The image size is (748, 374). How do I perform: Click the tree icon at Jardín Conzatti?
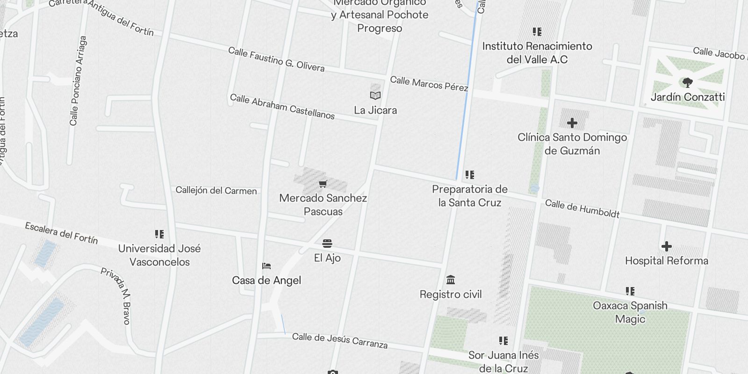tap(687, 83)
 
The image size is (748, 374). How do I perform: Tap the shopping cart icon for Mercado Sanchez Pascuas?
tap(323, 184)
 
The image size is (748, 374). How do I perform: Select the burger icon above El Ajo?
tap(327, 244)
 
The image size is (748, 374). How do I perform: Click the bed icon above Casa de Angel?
tap(266, 266)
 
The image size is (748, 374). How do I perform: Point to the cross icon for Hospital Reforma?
tap(667, 246)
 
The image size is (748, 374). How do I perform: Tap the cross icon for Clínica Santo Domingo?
tap(572, 123)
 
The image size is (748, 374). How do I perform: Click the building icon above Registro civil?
tap(451, 280)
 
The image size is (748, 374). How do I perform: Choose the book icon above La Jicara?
tap(375, 96)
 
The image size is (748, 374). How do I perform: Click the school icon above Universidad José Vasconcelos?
tap(159, 234)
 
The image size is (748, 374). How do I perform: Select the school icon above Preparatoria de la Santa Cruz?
tap(470, 175)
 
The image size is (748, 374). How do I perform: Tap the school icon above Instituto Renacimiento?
tap(537, 32)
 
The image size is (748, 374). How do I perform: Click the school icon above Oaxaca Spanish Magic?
tap(630, 291)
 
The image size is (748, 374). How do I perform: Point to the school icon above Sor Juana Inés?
tap(503, 341)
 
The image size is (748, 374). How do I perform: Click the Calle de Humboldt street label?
tap(582, 209)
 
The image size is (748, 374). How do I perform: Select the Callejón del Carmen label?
tap(216, 190)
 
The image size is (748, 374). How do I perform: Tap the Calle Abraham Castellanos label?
tap(282, 107)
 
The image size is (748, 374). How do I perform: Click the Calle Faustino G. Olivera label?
tap(276, 59)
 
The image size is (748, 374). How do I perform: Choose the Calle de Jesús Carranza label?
tap(340, 340)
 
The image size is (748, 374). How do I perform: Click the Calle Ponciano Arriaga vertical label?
tap(78, 81)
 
